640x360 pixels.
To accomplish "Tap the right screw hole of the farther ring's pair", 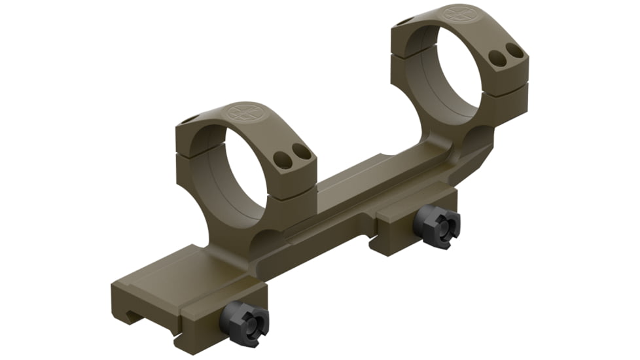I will tap(515, 50).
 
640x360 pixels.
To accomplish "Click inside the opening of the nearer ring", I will tap(236, 177).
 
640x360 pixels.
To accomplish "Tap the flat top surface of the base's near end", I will tap(170, 275).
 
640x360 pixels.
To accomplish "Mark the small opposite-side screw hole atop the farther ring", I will tap(405, 22).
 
